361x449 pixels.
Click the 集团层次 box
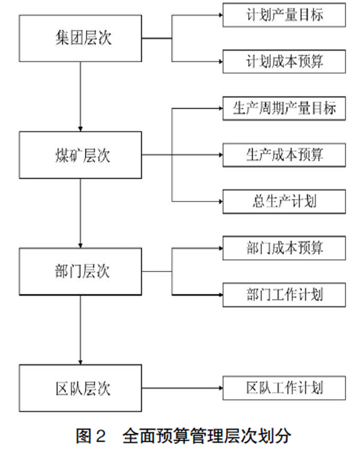[80, 38]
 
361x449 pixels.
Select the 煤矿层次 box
[80, 155]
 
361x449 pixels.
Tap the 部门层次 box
[80, 272]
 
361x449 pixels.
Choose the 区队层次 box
[80, 388]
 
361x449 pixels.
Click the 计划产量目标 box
[284, 15]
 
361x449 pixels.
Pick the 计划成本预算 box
[284, 61]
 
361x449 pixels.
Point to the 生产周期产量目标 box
[284, 108]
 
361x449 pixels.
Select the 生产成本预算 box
[284, 155]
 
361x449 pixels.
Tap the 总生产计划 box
[284, 202]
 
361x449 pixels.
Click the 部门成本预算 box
[284, 248]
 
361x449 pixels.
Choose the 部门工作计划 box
[284, 295]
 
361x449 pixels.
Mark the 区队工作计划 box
[284, 388]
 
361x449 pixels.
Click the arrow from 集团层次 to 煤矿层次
[80, 97]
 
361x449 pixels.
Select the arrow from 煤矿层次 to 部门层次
[80, 213]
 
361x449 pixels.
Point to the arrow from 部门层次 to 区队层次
[80, 330]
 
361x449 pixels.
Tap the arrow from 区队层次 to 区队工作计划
[182, 388]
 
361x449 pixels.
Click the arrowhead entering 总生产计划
[221, 202]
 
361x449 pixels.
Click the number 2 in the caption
[100, 436]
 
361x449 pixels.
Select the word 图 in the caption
[84, 436]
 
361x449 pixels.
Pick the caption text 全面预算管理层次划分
[206, 436]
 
